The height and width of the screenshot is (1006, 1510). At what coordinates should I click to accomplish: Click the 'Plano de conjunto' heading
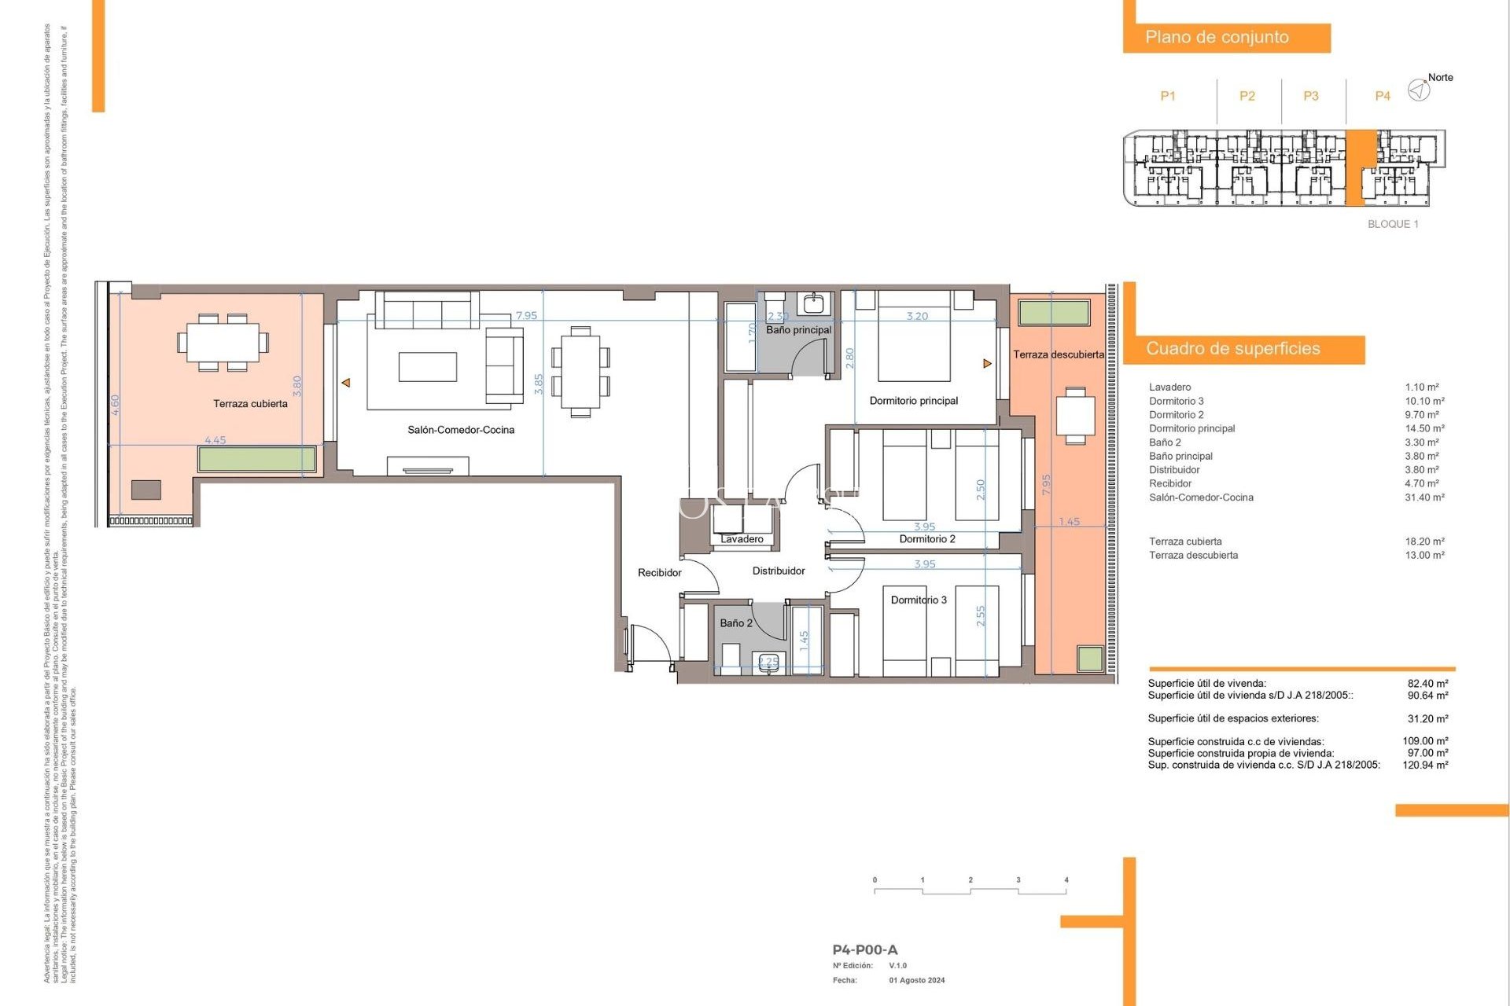[1216, 37]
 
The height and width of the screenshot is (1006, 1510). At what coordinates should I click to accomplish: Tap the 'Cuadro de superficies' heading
[1232, 349]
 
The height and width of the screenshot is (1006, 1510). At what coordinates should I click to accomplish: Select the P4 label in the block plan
[1382, 96]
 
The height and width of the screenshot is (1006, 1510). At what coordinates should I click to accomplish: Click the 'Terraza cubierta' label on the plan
[250, 404]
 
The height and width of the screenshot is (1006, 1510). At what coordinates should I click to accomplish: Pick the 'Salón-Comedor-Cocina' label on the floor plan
[461, 430]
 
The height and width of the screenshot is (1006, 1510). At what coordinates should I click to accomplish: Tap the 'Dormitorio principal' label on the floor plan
[913, 401]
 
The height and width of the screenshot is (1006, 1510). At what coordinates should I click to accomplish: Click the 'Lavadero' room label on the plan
[742, 539]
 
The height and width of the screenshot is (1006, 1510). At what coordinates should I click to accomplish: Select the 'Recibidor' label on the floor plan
[659, 573]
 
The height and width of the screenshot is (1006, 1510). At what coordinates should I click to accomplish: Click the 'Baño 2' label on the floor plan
[736, 623]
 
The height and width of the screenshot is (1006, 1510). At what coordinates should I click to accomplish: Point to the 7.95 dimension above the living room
[526, 316]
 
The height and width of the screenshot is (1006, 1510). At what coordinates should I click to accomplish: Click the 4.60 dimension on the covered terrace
[116, 405]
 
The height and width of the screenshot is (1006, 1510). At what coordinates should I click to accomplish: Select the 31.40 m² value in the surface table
[1424, 497]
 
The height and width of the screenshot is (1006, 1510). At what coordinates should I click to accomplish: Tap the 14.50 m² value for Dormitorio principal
[1424, 428]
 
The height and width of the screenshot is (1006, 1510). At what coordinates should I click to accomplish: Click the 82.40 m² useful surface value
[1427, 684]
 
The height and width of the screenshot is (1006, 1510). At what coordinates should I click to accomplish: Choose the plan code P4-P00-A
[864, 950]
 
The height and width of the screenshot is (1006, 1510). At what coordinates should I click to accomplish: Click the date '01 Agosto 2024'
[917, 980]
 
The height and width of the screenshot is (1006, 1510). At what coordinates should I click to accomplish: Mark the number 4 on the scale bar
[1066, 880]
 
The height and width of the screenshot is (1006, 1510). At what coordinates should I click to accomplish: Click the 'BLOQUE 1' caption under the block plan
[1393, 224]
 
